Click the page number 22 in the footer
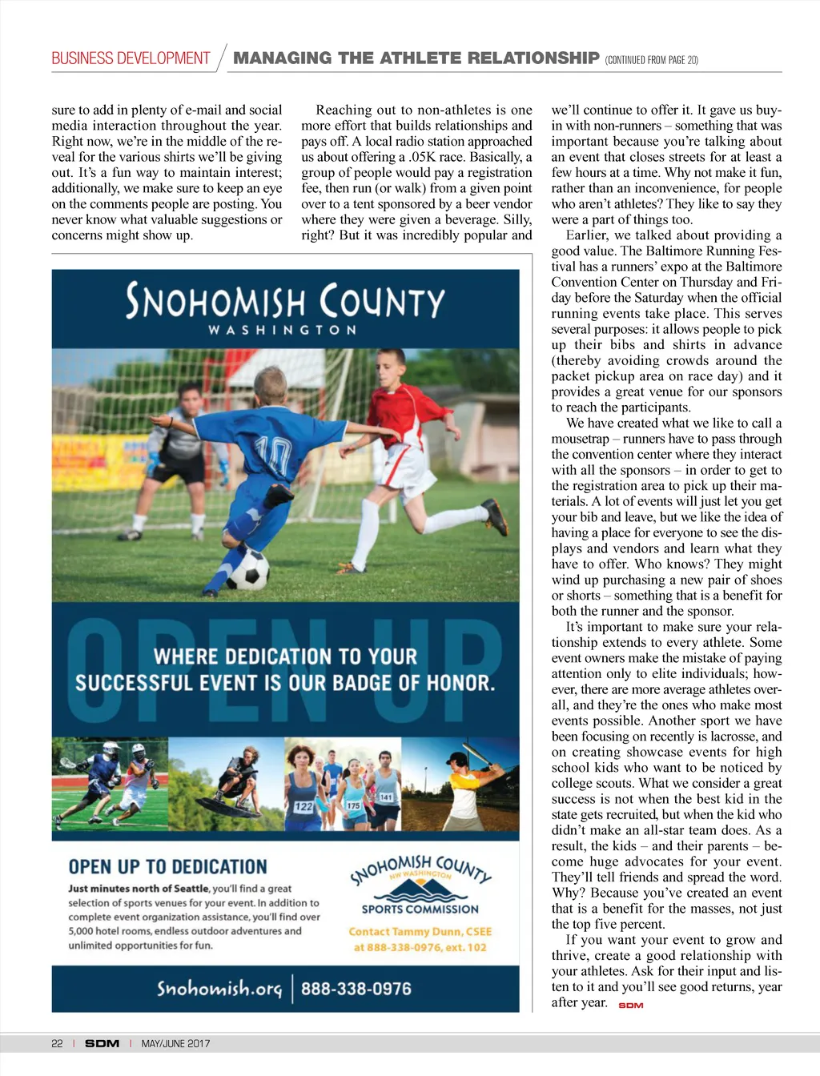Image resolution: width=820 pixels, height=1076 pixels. pyautogui.click(x=57, y=1043)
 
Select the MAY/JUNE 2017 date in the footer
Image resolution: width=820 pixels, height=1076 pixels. pyautogui.click(x=175, y=1043)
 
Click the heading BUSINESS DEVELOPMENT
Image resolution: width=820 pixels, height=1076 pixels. pyautogui.click(x=131, y=58)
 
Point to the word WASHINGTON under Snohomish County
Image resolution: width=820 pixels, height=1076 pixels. pyautogui.click(x=282, y=330)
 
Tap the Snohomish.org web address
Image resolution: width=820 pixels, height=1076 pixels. pyautogui.click(x=219, y=988)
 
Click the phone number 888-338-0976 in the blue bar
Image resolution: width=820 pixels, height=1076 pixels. pyautogui.click(x=356, y=989)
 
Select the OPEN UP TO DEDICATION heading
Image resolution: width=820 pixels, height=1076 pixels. pyautogui.click(x=167, y=867)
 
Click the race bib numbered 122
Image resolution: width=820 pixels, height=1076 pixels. pyautogui.click(x=303, y=806)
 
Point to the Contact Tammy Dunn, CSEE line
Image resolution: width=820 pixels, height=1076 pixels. pyautogui.click(x=420, y=931)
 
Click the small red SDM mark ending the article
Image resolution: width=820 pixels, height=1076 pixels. pyautogui.click(x=631, y=1006)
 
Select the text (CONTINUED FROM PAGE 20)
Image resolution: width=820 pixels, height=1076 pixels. pyautogui.click(x=652, y=60)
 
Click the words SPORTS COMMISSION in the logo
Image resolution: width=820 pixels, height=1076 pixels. pyautogui.click(x=420, y=909)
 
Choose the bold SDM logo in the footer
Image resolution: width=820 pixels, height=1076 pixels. pyautogui.click(x=102, y=1043)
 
